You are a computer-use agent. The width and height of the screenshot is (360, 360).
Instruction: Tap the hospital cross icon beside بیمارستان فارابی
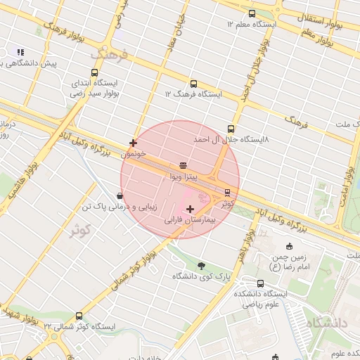point(190,209)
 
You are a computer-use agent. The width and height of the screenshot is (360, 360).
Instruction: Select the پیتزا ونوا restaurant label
point(183,177)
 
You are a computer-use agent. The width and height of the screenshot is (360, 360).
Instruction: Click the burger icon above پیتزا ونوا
point(183,165)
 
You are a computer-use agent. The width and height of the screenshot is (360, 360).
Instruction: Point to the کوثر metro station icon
point(227,191)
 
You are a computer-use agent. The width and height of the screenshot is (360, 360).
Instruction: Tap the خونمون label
point(133,154)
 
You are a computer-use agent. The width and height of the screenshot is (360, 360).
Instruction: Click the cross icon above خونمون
point(133,143)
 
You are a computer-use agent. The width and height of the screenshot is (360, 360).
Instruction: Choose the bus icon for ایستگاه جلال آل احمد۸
point(231,129)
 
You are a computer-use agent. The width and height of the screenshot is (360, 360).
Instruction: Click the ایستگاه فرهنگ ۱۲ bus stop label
point(193,94)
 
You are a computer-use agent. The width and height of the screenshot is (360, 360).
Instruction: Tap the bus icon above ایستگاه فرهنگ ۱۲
point(193,83)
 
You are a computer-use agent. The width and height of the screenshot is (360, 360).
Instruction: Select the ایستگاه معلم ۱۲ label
point(252,24)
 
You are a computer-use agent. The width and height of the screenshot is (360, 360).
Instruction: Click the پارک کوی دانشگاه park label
point(201,276)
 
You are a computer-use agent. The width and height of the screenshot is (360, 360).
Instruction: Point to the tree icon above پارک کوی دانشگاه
point(202,265)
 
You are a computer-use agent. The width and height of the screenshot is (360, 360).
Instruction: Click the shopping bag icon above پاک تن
point(119,196)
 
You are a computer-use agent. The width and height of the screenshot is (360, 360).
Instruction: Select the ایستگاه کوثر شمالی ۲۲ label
point(77,327)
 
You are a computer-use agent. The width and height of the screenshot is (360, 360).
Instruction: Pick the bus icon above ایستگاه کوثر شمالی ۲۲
point(77,316)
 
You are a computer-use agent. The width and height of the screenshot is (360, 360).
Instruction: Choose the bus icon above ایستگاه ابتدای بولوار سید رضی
point(94,72)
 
